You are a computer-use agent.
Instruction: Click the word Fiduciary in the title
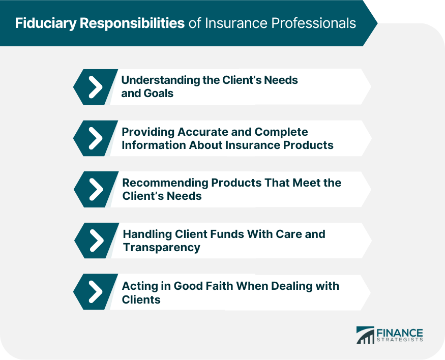tap(46, 23)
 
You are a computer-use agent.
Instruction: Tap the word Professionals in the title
tap(314, 23)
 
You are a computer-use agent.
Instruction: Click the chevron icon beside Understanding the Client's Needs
tap(96, 87)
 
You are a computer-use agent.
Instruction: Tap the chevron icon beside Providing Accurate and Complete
tap(96, 138)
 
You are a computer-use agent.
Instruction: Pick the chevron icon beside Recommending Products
tap(96, 189)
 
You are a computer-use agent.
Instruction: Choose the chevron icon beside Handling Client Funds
tap(97, 241)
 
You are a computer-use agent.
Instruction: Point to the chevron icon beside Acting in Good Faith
tap(96, 292)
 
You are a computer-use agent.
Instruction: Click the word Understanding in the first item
tap(161, 80)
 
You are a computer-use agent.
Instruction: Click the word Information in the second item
tap(154, 145)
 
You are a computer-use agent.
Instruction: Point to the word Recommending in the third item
tap(165, 183)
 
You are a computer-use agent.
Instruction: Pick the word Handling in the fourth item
tap(147, 234)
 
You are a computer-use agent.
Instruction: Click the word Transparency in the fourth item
tap(162, 248)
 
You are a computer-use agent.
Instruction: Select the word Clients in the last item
tap(141, 299)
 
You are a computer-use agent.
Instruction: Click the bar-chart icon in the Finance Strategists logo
tap(365, 335)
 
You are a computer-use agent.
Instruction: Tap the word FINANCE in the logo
tap(400, 333)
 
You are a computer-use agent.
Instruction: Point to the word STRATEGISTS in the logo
tap(400, 340)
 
